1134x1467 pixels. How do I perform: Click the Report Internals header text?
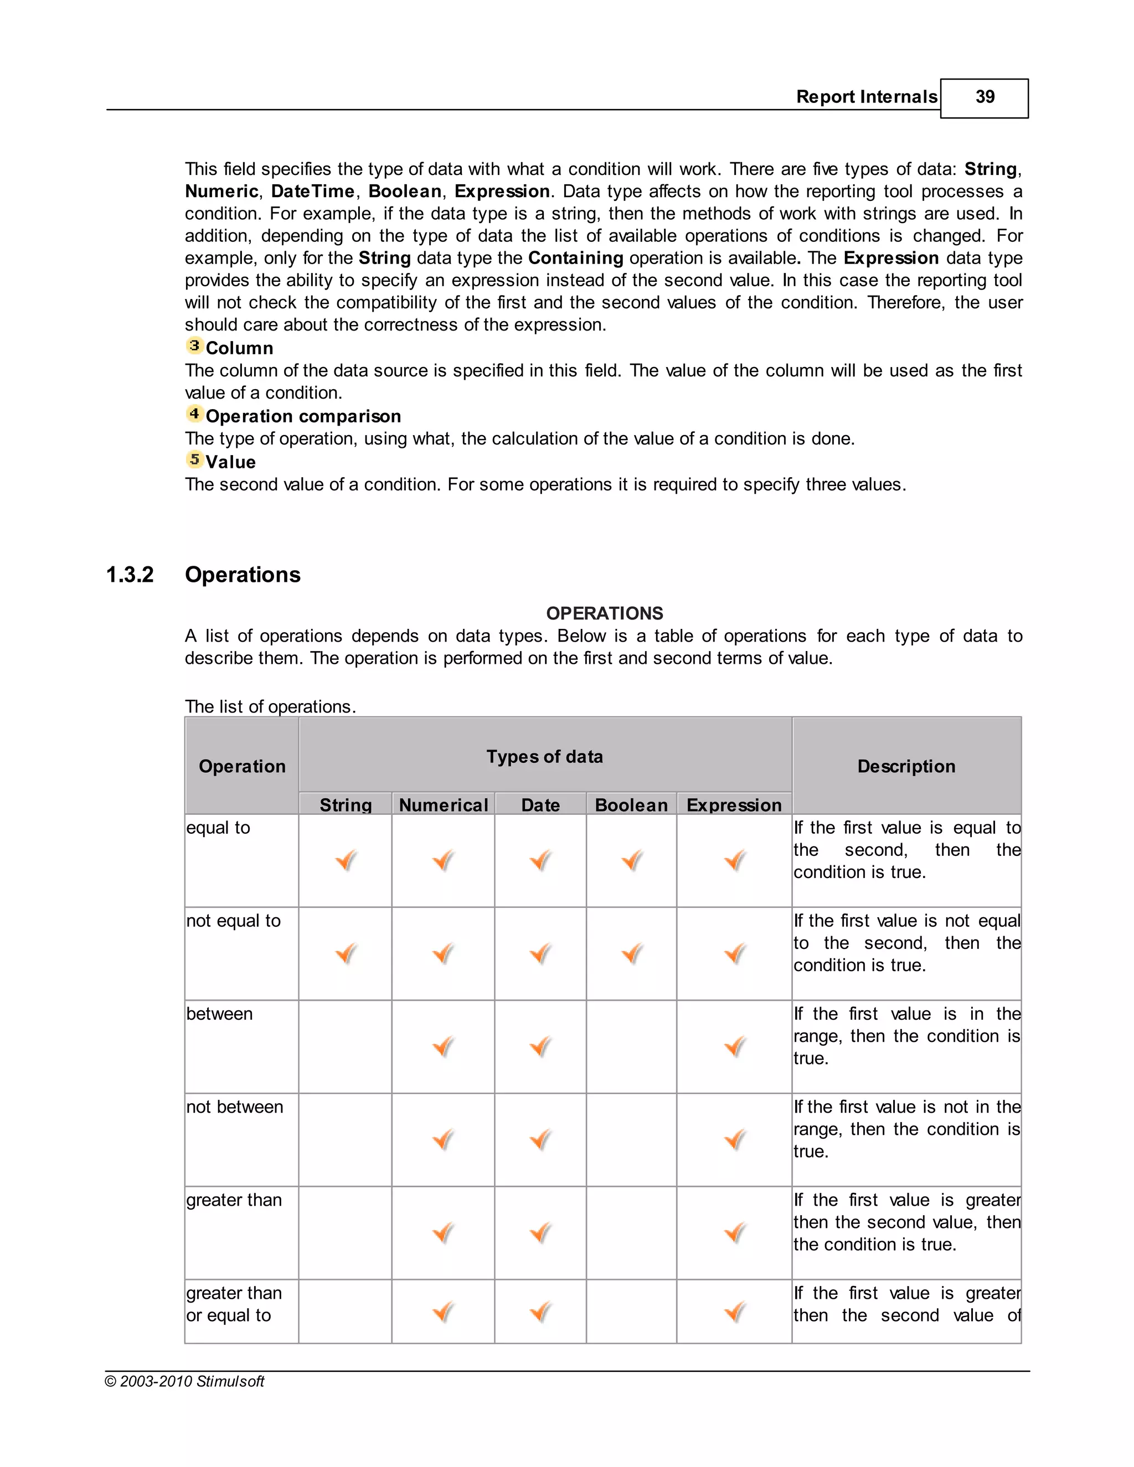coord(866,97)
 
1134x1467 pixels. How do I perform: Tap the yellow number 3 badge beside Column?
coord(194,346)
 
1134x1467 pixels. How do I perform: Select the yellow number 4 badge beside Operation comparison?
coord(194,414)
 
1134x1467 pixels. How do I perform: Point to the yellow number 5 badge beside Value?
coord(194,459)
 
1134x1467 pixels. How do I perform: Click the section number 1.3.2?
coord(130,575)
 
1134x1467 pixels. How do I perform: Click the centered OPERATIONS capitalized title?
coord(604,613)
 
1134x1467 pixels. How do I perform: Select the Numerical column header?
coord(444,805)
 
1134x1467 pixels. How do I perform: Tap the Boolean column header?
coord(631,805)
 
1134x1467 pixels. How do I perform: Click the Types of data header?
coord(544,757)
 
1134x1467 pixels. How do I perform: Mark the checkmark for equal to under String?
coord(346,860)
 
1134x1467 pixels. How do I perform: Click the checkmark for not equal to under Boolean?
coord(631,953)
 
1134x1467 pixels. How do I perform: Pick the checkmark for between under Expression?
coord(735,1046)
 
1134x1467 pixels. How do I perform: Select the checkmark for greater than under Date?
coord(541,1233)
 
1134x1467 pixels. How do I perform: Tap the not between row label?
coord(234,1107)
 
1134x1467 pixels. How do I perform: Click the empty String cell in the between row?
coord(346,1046)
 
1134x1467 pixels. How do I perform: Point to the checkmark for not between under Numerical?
coord(444,1140)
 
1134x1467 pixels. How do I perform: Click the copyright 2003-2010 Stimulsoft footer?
coord(185,1382)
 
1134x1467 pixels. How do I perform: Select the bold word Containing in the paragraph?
coord(576,258)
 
